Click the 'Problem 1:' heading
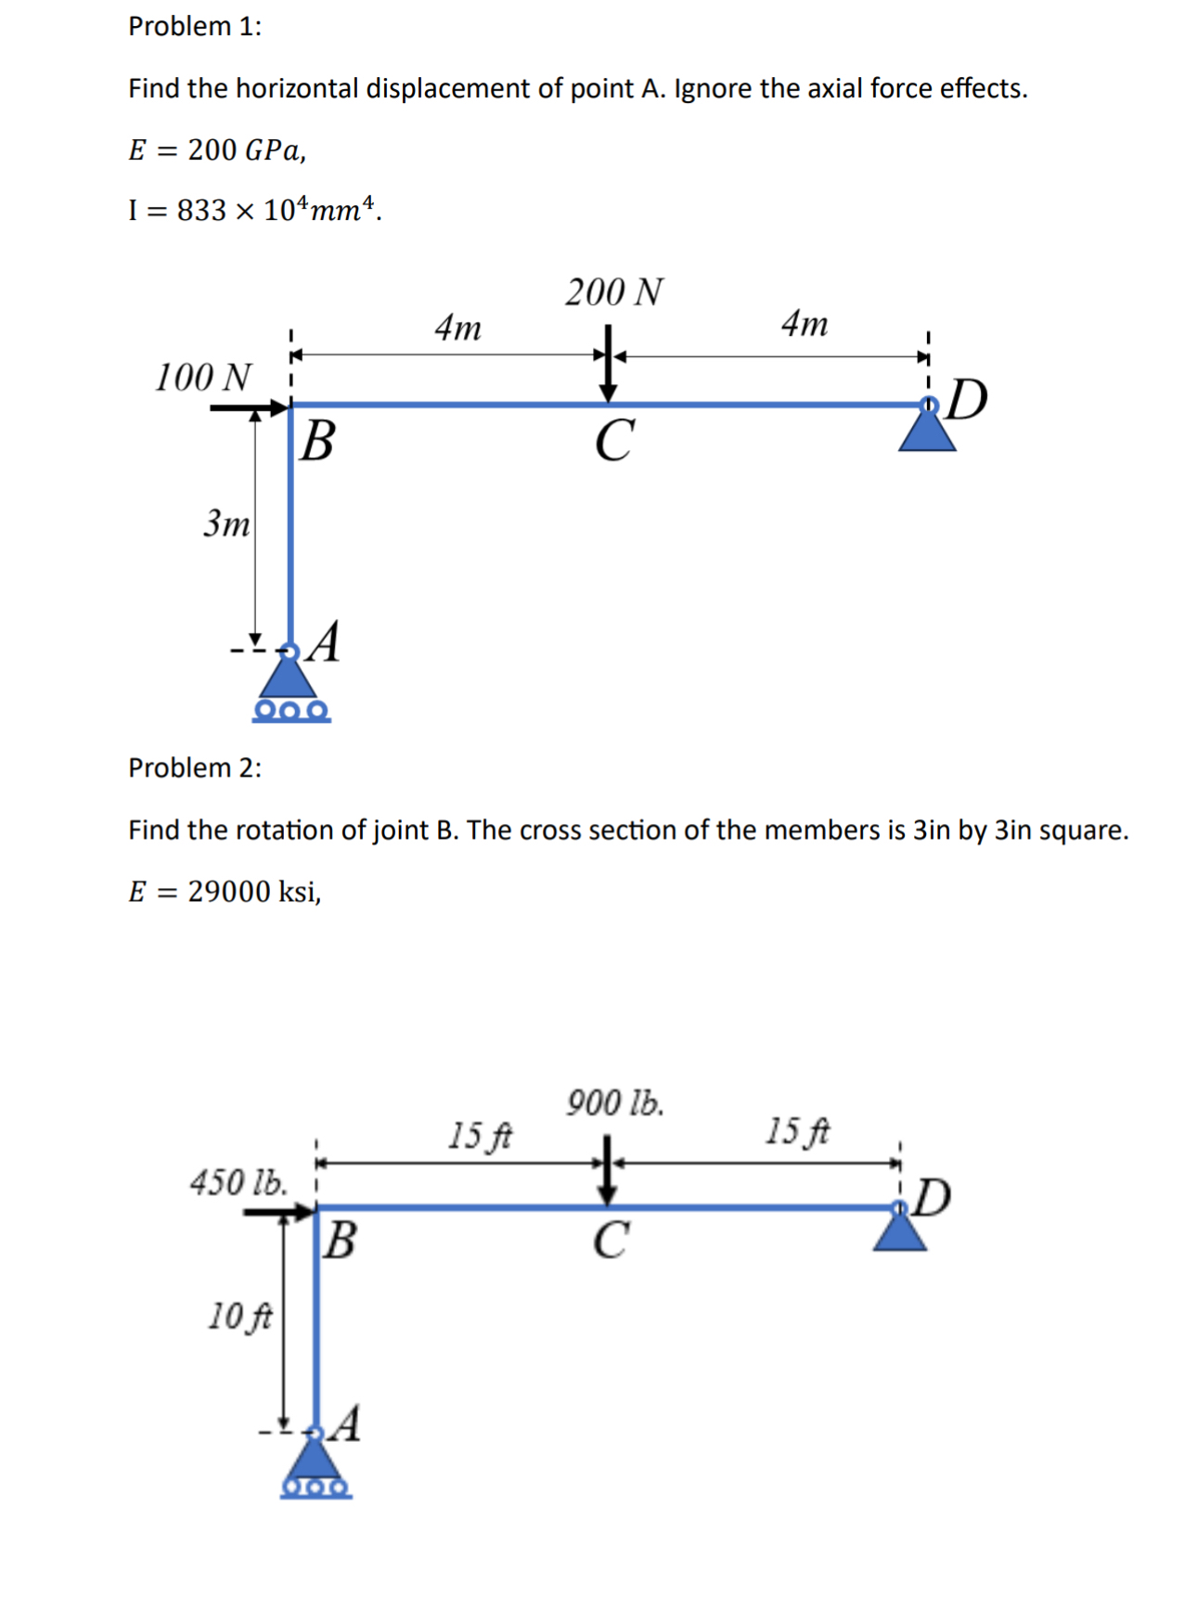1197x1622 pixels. pyautogui.click(x=195, y=26)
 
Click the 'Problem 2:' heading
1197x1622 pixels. pyautogui.click(x=195, y=767)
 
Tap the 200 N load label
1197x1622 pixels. pyautogui.click(x=613, y=292)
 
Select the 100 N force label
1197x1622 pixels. pyautogui.click(x=202, y=377)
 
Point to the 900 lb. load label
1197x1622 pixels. pyautogui.click(x=615, y=1103)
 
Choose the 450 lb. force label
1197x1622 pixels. pyautogui.click(x=238, y=1182)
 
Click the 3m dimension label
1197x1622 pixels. pyautogui.click(x=226, y=523)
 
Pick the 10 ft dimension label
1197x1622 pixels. pyautogui.click(x=239, y=1316)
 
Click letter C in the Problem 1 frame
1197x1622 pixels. pyautogui.click(x=614, y=439)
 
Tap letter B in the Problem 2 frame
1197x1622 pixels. pyautogui.click(x=341, y=1240)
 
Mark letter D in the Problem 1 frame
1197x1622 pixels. pyautogui.click(x=967, y=399)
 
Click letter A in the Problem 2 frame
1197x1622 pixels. pyautogui.click(x=346, y=1423)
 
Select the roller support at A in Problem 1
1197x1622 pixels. pyautogui.click(x=290, y=688)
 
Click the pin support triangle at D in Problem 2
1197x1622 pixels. pyautogui.click(x=899, y=1231)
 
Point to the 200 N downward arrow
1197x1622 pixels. pyautogui.click(x=608, y=364)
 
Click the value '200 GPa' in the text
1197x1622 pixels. pyautogui.click(x=245, y=149)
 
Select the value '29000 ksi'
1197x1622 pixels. pyautogui.click(x=252, y=892)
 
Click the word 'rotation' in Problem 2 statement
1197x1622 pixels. pyautogui.click(x=277, y=830)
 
